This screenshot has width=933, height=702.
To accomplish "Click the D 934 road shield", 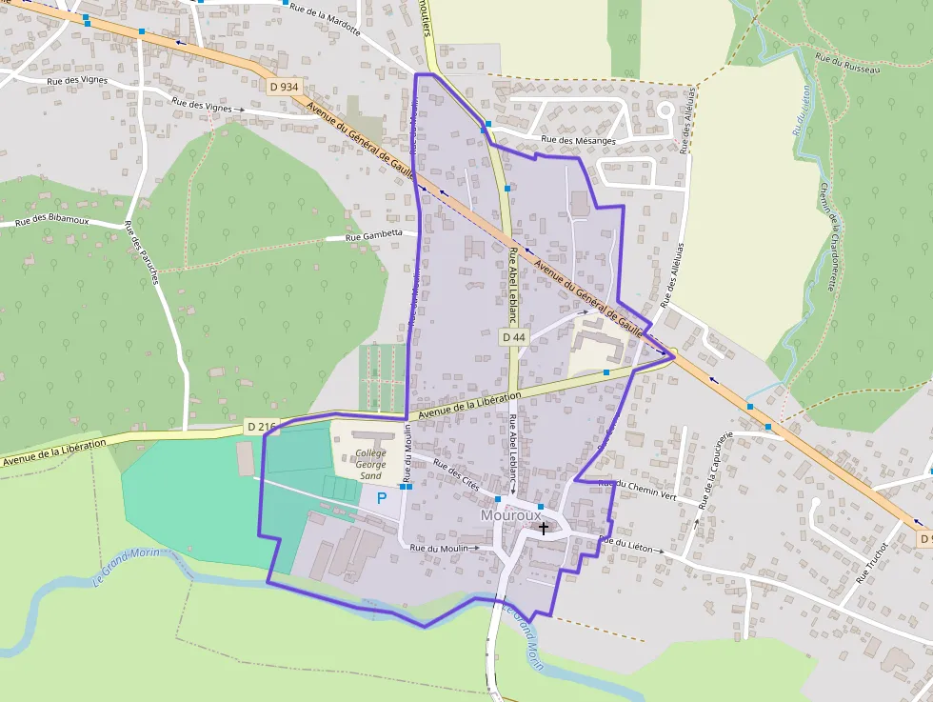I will [284, 87].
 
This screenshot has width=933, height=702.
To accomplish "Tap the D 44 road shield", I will [513, 337].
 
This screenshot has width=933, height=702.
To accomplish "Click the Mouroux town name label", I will [510, 515].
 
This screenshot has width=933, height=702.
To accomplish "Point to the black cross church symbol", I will [544, 527].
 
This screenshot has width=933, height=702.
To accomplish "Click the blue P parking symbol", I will [382, 497].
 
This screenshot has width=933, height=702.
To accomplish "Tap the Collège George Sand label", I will [370, 464].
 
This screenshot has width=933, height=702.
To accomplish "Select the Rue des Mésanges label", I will [578, 141].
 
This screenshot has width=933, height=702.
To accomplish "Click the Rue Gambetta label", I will [381, 233].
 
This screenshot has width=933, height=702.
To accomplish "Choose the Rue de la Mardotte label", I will [325, 19].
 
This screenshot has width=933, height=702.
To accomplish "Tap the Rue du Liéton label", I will [625, 543].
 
